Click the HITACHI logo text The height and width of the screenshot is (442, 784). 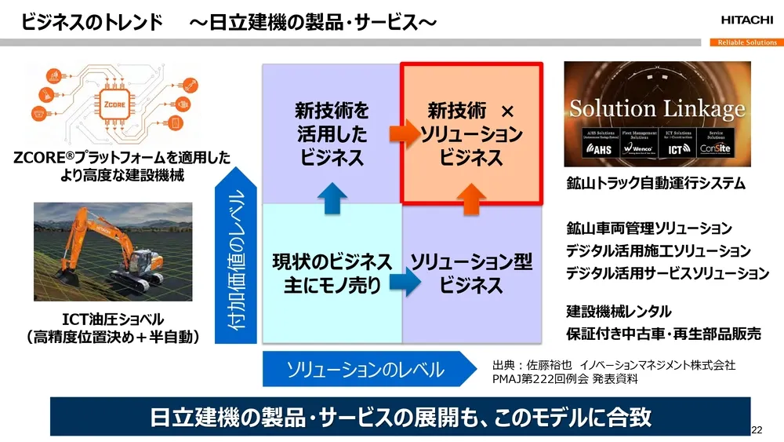(744, 20)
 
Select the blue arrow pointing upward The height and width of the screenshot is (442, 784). (332, 195)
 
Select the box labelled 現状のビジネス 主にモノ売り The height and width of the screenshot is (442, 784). (332, 273)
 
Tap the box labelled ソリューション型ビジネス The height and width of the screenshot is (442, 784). (471, 273)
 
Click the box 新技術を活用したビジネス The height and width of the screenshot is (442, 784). (332, 133)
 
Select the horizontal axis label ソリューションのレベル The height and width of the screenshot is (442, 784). (365, 369)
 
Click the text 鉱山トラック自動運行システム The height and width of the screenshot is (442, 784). (655, 184)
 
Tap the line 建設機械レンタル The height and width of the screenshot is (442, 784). (619, 312)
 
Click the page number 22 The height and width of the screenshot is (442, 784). (757, 429)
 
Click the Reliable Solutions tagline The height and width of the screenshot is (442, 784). (746, 42)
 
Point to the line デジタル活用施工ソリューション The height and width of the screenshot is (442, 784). (659, 251)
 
